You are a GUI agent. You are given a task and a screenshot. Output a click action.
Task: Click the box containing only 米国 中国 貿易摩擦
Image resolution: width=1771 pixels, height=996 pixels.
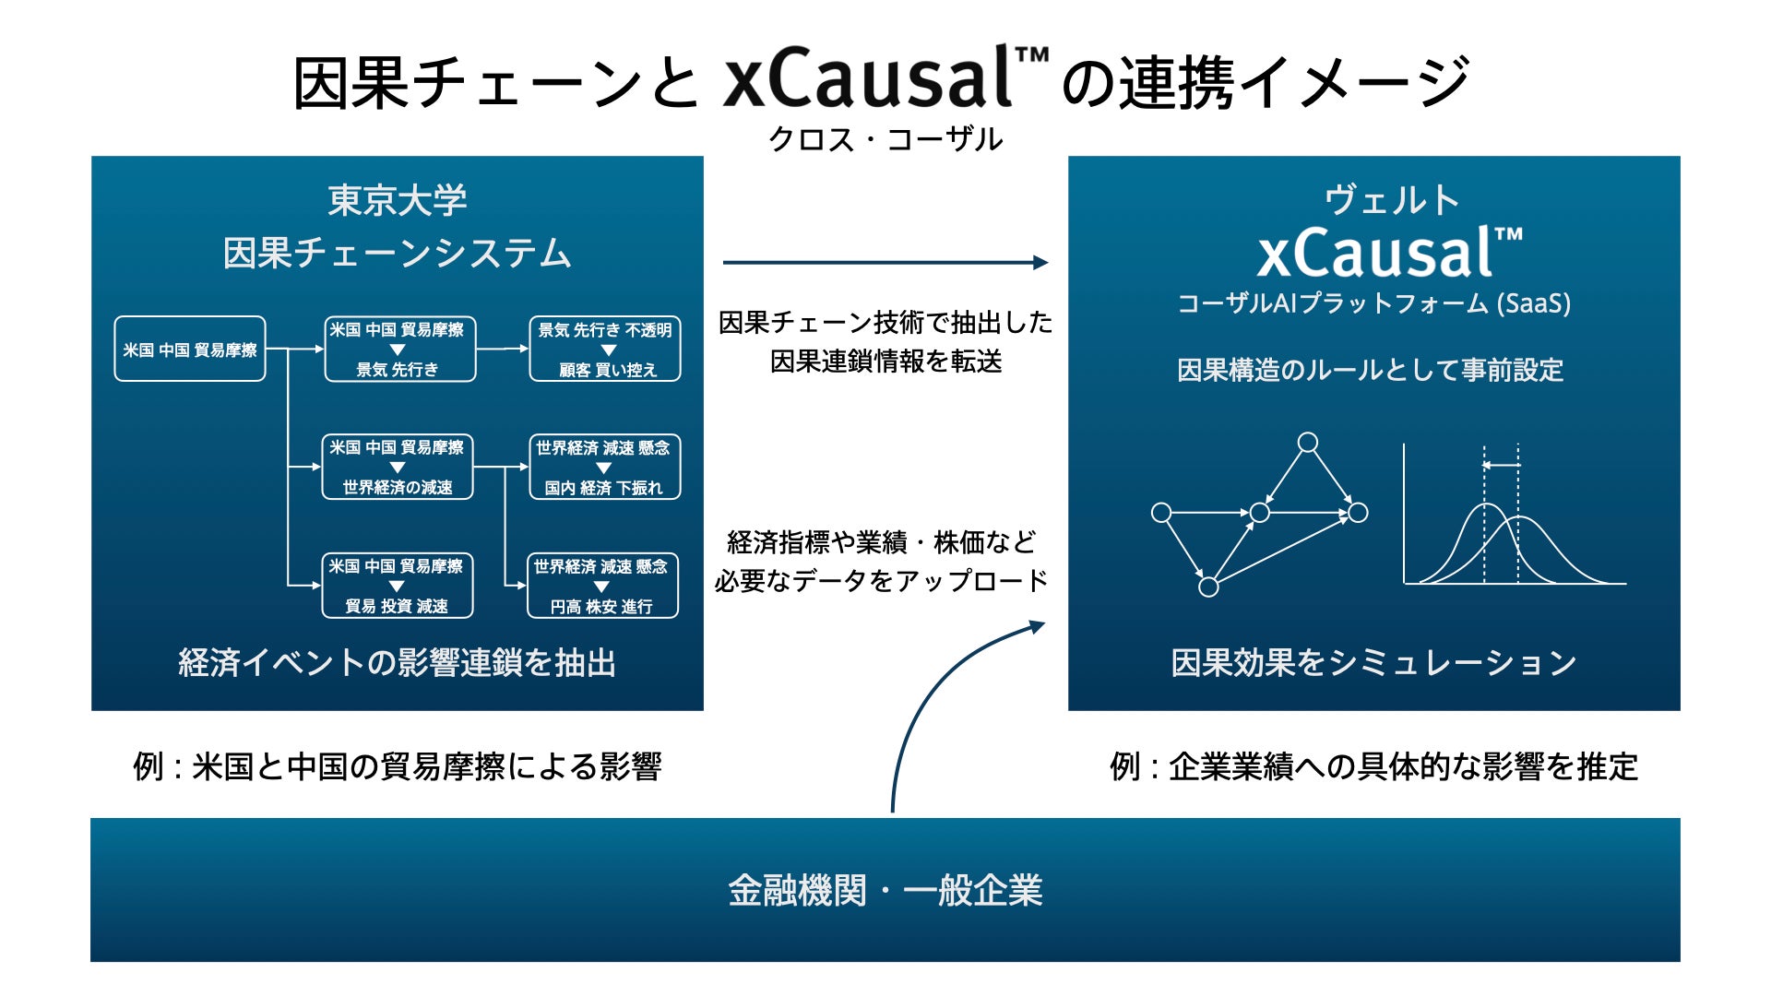point(190,349)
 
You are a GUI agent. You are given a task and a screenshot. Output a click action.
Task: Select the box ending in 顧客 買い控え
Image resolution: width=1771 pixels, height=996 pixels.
point(605,349)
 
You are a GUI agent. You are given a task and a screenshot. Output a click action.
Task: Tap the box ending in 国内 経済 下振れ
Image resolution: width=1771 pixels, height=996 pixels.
point(605,467)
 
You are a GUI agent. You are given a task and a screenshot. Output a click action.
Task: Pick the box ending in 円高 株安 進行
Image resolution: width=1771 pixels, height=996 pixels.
point(602,586)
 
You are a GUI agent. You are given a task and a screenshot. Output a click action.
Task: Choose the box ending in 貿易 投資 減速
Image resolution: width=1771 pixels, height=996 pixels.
point(398,586)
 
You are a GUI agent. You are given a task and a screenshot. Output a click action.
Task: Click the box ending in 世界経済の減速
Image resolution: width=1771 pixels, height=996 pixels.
point(398,467)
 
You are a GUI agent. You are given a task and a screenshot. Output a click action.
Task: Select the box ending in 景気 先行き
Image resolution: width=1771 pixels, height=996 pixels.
point(400,349)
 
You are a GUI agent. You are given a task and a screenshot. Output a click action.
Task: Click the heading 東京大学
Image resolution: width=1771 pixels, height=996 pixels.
point(398,200)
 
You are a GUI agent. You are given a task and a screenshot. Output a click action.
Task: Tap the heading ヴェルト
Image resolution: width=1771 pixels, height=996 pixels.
point(1392,200)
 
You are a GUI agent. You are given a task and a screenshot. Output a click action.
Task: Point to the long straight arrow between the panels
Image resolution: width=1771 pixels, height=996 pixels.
point(885,263)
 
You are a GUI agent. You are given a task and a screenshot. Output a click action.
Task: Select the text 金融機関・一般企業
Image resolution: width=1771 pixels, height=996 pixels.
point(885,891)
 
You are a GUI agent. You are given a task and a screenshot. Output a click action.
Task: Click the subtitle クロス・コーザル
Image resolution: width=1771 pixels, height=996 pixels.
point(885,140)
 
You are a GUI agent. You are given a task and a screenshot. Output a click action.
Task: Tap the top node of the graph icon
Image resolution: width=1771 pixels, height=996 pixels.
point(1308,443)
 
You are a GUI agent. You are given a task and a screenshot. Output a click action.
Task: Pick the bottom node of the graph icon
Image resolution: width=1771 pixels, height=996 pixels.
point(1208,587)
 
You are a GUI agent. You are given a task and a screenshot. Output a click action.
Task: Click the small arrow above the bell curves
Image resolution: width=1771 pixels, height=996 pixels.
point(1502,466)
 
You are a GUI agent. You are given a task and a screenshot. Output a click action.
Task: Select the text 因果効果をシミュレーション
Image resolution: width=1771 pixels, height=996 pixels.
point(1373,663)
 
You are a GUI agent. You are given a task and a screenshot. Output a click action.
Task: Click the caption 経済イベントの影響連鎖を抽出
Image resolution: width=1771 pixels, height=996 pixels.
point(398,663)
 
